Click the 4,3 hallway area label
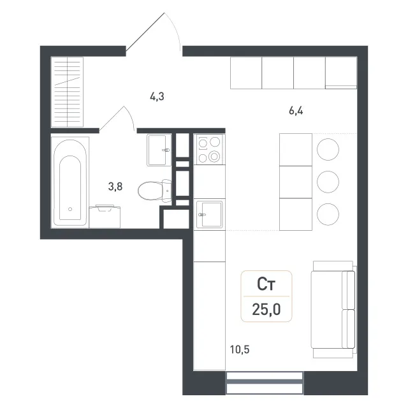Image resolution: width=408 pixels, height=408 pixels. tap(157, 97)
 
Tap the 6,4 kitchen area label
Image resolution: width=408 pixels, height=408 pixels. tap(296, 111)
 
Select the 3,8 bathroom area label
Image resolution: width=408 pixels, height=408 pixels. tap(115, 186)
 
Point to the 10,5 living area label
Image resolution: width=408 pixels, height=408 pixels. tap(240, 349)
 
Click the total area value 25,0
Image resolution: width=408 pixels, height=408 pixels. tap(266, 309)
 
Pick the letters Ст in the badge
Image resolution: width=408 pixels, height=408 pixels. tap(266, 284)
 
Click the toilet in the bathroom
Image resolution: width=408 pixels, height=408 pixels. tap(154, 191)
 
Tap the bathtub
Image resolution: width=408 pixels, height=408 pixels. tap(70, 182)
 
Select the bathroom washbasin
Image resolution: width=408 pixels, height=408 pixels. tap(159, 150)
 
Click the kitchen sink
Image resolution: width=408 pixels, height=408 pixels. tap(210, 214)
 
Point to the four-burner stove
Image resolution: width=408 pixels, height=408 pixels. tap(210, 149)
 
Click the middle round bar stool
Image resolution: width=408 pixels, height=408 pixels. tap(328, 182)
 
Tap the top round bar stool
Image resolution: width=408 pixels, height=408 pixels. tap(328, 149)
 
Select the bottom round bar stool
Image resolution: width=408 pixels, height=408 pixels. tap(328, 214)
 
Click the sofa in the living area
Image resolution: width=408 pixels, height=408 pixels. tap(333, 309)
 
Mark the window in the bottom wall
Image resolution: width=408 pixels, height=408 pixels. tap(265, 382)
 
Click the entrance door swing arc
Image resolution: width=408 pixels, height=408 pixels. tap(175, 28)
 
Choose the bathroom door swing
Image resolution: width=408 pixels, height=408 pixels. tap(117, 119)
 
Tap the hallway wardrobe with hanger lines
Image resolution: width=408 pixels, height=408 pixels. tap(67, 92)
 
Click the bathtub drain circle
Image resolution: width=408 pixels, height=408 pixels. tap(70, 209)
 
